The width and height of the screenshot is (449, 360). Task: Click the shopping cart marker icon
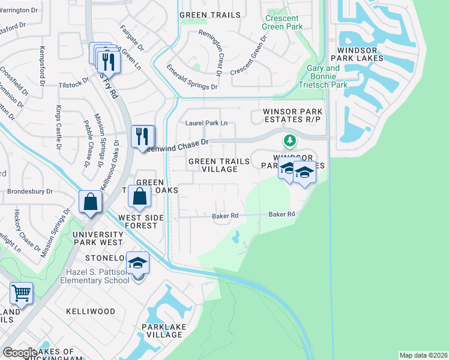coord(21,293)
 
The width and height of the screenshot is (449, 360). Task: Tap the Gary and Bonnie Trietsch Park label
coord(328,76)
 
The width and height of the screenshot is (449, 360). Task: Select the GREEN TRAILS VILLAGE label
coord(212,165)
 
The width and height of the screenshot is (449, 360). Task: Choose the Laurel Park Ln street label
coord(206,123)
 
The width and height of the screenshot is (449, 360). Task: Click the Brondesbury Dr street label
coord(30,192)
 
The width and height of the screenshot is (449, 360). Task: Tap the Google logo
coord(20,353)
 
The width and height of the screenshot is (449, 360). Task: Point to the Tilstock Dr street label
coord(74,85)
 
